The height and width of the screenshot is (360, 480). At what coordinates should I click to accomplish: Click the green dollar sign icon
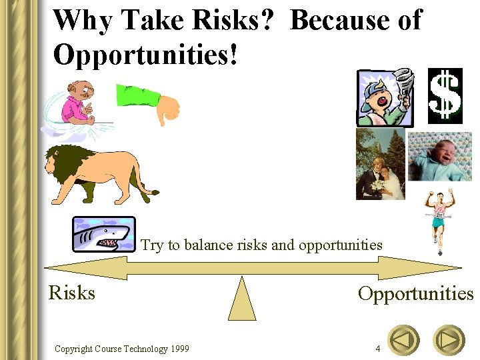tap(445, 96)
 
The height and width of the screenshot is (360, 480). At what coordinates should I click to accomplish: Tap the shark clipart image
tap(103, 234)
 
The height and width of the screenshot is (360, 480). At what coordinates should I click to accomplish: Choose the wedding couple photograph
tap(380, 165)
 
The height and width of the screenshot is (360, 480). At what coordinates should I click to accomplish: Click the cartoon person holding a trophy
tap(385, 98)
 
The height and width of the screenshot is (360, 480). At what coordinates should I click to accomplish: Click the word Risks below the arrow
tap(72, 293)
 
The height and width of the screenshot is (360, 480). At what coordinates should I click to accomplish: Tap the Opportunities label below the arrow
tap(415, 293)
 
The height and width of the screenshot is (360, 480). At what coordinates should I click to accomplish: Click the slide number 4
tap(378, 349)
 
